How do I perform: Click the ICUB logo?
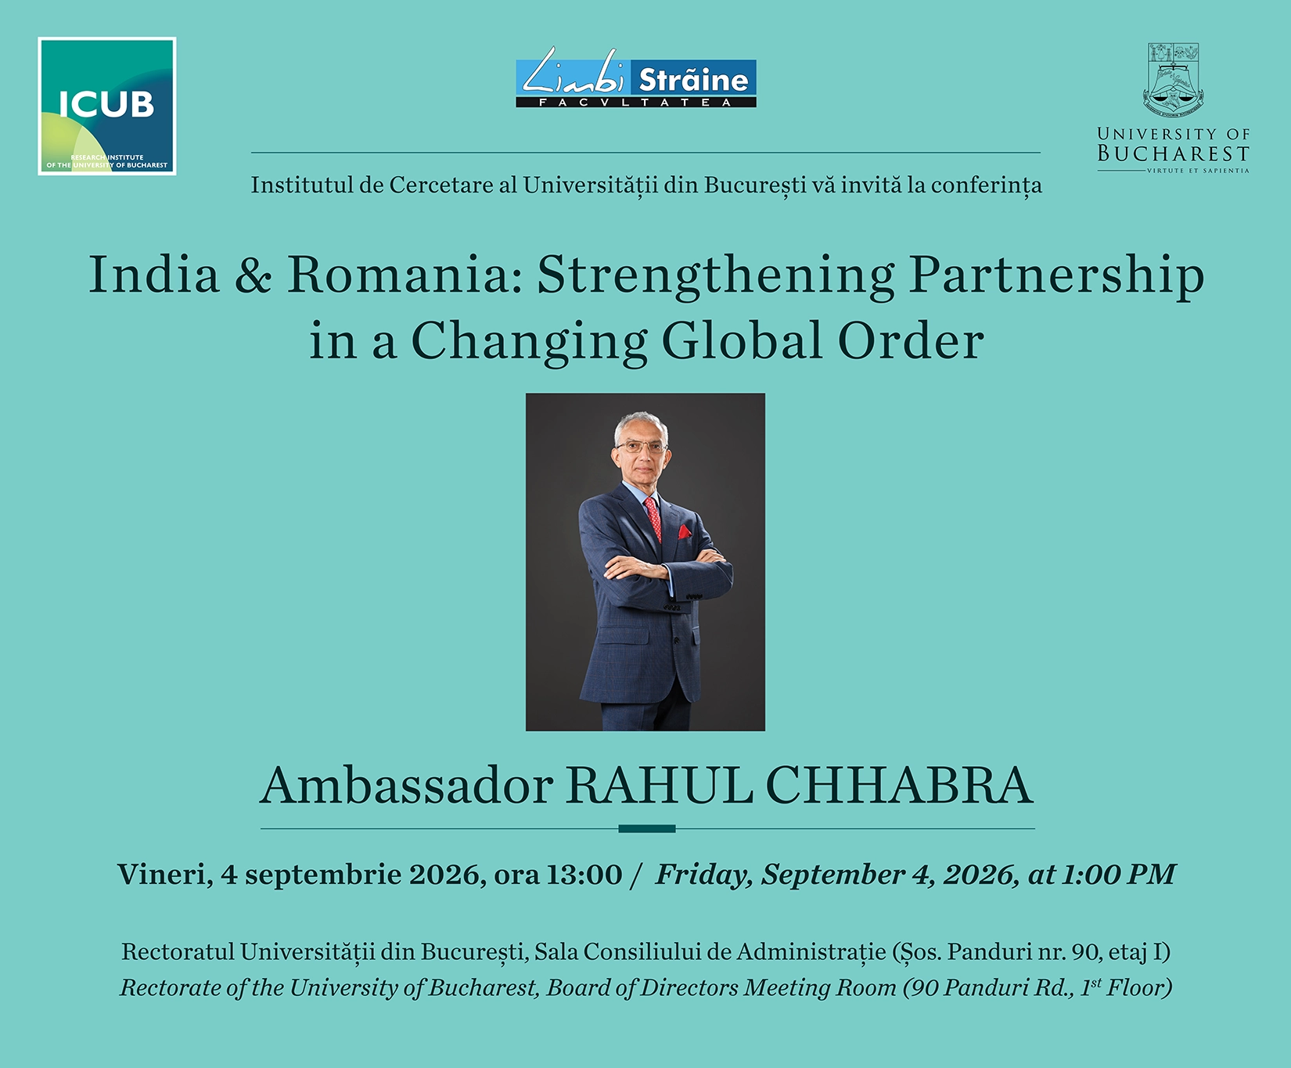[107, 106]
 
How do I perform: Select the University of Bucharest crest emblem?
[1173, 80]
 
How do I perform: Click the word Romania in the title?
[398, 275]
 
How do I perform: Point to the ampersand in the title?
[253, 275]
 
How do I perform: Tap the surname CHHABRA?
[899, 785]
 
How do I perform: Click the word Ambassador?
[407, 785]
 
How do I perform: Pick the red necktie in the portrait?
[653, 517]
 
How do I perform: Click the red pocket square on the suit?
[684, 532]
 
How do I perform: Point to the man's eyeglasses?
[642, 448]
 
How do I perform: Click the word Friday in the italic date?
[703, 875]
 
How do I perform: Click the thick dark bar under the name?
[647, 829]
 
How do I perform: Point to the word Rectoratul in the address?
[178, 951]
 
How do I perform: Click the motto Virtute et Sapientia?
[1198, 171]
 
